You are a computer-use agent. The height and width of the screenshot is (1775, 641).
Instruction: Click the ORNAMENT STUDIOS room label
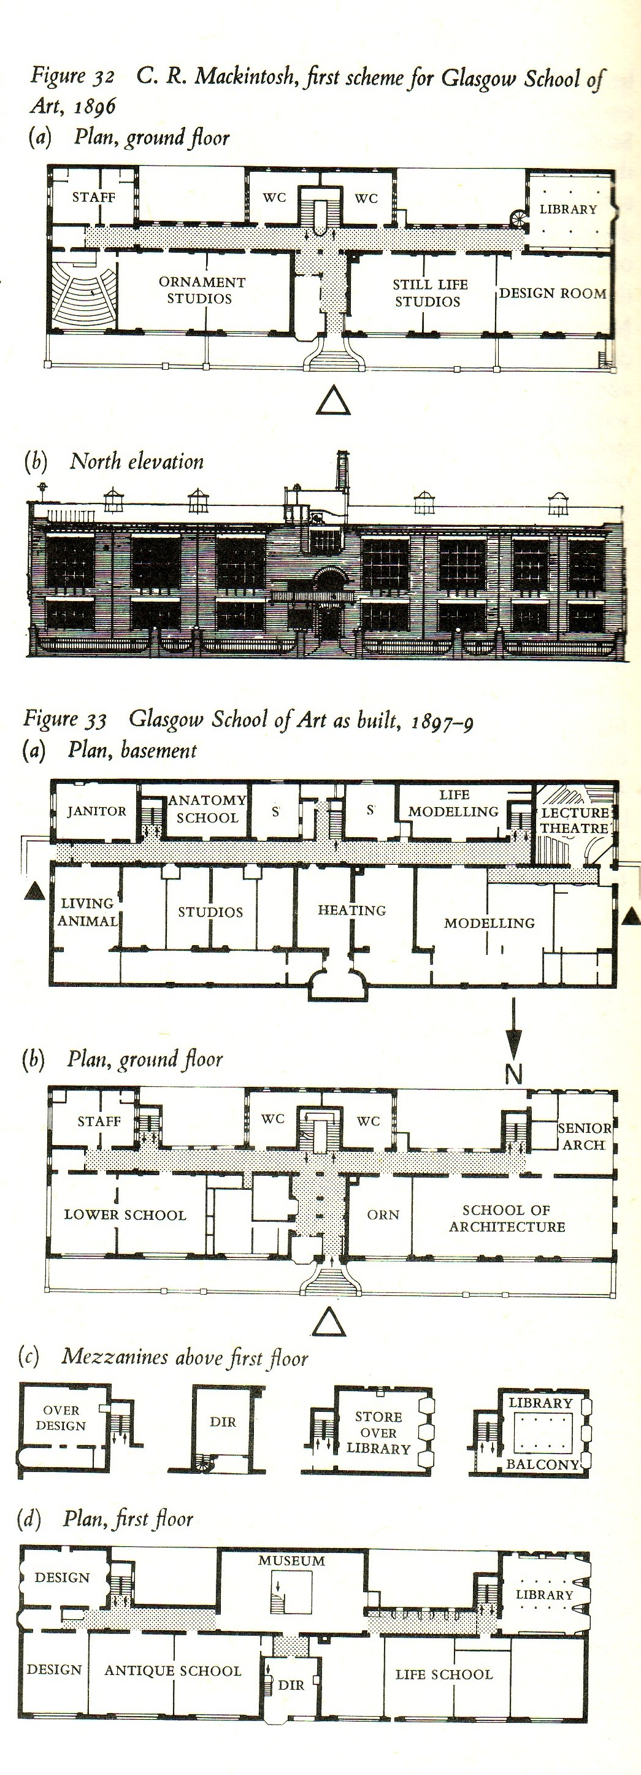click(202, 290)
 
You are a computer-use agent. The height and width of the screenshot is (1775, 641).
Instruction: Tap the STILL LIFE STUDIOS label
click(429, 293)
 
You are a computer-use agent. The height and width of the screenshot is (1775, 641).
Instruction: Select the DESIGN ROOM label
click(553, 294)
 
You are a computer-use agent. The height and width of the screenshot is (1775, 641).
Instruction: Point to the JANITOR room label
click(96, 811)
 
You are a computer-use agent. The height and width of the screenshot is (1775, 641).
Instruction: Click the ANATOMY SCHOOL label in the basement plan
click(207, 809)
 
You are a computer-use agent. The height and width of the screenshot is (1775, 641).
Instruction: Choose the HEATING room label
click(351, 910)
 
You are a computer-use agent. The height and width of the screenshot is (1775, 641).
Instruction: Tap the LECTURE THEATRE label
click(575, 820)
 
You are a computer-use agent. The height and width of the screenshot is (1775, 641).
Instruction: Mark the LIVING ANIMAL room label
click(88, 911)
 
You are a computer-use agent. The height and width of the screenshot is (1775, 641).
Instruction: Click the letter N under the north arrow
click(513, 1073)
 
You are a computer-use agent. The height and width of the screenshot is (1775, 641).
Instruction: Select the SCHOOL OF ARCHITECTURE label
click(507, 1218)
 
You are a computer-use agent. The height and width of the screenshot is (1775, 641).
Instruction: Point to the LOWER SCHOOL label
click(125, 1215)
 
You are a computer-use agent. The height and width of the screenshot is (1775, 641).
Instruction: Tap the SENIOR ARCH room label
click(585, 1137)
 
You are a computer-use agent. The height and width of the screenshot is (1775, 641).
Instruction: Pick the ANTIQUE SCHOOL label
click(173, 1670)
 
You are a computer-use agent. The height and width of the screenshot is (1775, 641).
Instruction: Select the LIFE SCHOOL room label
click(444, 1674)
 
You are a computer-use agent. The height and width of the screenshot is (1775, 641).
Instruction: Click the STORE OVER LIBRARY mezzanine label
click(378, 1433)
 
